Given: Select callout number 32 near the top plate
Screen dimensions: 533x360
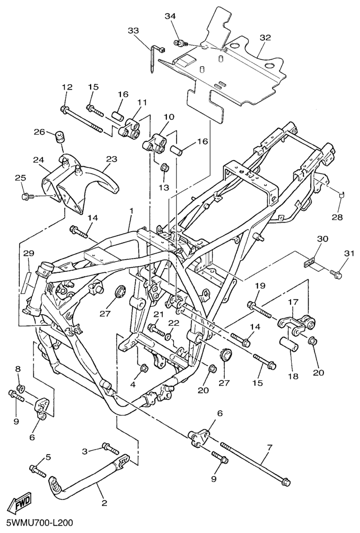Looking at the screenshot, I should pos(265,38).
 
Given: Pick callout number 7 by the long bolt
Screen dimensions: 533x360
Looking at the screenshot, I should pos(269,448).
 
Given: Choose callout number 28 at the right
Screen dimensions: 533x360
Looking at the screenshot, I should pos(338,217).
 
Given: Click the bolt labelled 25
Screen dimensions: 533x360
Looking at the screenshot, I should pos(27,197).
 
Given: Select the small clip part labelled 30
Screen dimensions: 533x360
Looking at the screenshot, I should pos(310,261).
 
